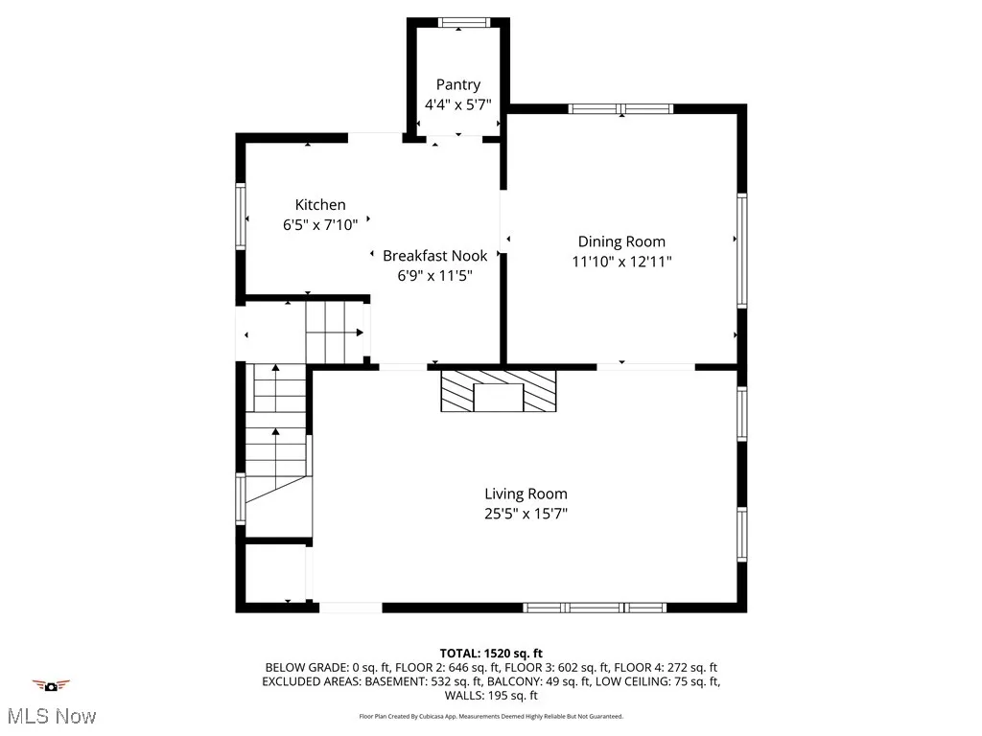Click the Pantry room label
457,85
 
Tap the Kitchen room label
320,205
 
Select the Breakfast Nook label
434,256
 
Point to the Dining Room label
620,241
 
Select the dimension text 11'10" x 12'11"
620,261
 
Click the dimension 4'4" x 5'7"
457,104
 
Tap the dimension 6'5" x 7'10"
320,224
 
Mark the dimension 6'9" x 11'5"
434,275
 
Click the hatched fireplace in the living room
498,391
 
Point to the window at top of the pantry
457,22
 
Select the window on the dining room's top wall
620,108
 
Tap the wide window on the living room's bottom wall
595,608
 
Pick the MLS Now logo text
51,715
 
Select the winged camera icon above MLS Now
51,685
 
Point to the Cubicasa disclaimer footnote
491,716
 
